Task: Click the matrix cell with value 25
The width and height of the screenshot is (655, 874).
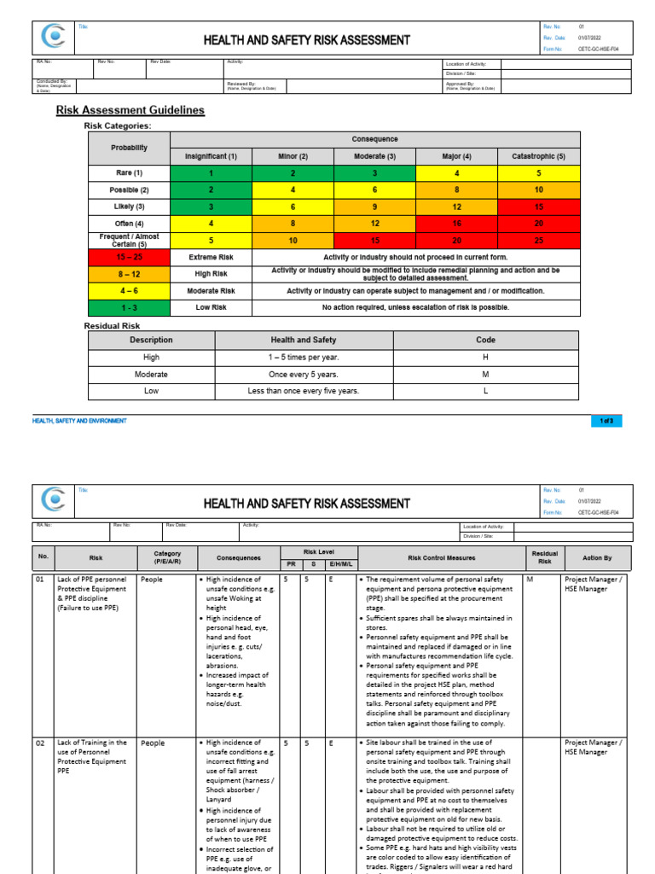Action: point(539,240)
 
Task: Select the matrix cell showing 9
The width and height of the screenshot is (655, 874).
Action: point(375,206)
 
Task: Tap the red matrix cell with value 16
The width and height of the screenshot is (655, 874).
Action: point(457,223)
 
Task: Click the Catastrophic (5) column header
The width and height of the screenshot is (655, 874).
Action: point(539,156)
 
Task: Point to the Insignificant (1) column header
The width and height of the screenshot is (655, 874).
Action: point(212,156)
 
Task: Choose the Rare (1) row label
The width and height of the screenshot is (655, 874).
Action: point(129,172)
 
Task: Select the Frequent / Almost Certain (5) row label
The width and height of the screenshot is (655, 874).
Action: point(129,240)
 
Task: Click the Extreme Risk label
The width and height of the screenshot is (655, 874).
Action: point(212,257)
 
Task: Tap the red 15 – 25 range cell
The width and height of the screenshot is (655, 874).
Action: point(129,257)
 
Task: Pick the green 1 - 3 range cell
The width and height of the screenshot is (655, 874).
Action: point(129,307)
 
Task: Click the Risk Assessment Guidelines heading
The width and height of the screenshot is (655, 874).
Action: point(130,110)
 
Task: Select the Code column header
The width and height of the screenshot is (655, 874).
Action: point(485,340)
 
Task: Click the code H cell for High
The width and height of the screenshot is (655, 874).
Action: point(485,358)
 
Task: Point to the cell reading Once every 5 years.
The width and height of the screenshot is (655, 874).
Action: point(304,375)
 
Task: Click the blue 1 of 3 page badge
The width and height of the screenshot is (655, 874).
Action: point(606,421)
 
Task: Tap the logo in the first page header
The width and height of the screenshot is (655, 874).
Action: point(55,39)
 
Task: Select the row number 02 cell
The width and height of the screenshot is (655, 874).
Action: point(43,743)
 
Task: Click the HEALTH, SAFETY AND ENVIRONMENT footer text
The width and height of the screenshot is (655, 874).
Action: point(79,421)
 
